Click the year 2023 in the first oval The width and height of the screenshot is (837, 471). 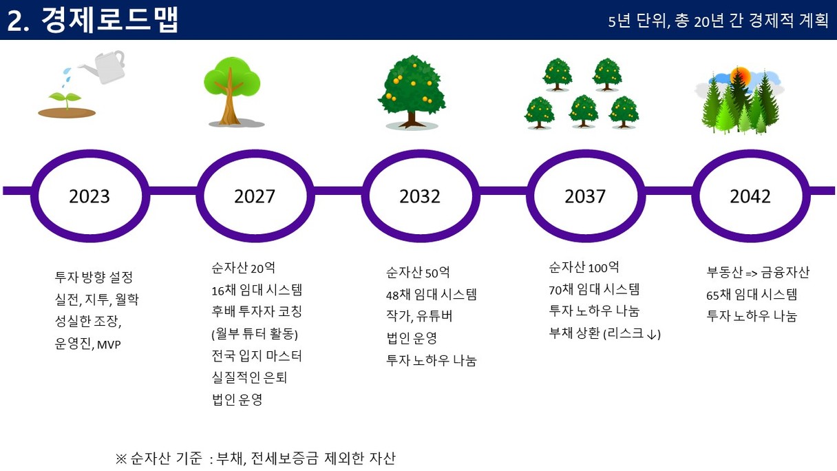click(x=89, y=196)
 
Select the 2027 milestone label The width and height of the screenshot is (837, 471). click(x=255, y=196)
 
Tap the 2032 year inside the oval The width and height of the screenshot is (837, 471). click(x=420, y=196)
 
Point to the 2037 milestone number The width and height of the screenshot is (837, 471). click(x=585, y=196)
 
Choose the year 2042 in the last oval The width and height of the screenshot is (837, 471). click(x=750, y=196)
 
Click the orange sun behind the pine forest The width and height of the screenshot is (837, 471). click(x=740, y=76)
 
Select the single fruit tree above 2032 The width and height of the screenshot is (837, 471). click(x=412, y=92)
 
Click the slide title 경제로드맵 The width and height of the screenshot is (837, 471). click(x=109, y=20)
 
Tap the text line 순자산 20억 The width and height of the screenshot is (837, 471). click(x=243, y=268)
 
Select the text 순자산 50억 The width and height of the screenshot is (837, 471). click(x=418, y=273)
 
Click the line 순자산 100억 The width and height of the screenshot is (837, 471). click(x=584, y=267)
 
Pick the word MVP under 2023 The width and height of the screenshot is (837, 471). click(x=109, y=345)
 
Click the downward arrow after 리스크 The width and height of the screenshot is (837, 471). click(x=652, y=334)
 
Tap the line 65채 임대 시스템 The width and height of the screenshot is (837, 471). click(x=752, y=295)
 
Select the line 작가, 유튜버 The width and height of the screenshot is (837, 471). click(x=419, y=316)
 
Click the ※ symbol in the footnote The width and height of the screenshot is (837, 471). click(x=121, y=459)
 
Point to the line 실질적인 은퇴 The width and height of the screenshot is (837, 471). click(x=249, y=377)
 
